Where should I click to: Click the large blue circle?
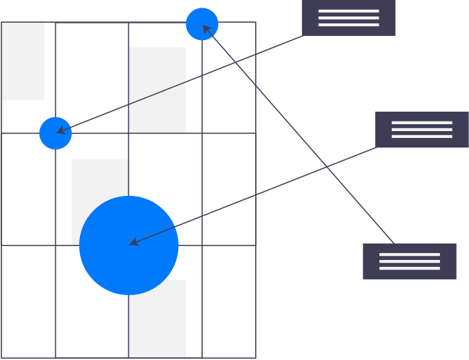(x=129, y=246)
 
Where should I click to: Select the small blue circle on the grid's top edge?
(x=202, y=24)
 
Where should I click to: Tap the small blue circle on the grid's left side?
(x=55, y=133)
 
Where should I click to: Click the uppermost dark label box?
(x=348, y=18)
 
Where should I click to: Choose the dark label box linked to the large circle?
(x=422, y=129)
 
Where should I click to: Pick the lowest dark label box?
(x=410, y=261)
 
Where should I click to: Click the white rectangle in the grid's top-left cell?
(x=23, y=61)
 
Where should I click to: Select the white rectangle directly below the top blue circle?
(x=157, y=90)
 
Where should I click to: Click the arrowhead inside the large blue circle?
(x=133, y=242)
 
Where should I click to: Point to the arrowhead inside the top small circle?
(x=205, y=28)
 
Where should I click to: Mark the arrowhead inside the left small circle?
(x=60, y=130)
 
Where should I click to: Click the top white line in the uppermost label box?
(x=348, y=11)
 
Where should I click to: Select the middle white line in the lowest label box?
(x=410, y=261)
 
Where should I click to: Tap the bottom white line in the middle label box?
(x=422, y=136)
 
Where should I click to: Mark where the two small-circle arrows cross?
(x=234, y=63)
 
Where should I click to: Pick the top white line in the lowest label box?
(x=410, y=254)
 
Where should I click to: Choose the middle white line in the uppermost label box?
(x=348, y=18)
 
